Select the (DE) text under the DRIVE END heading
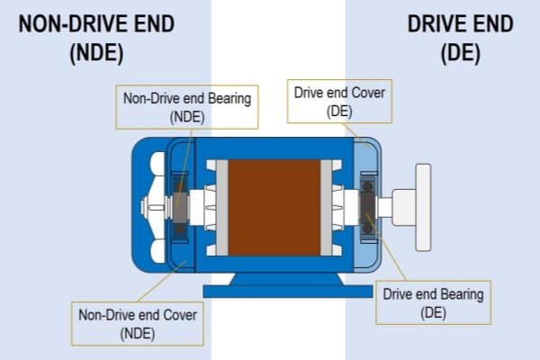point(461,53)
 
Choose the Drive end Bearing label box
point(433,302)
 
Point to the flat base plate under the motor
point(275,291)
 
